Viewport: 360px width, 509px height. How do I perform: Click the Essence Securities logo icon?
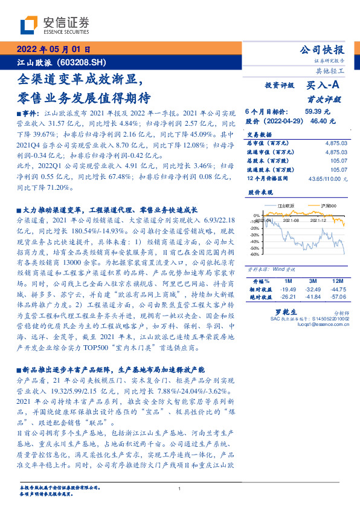click(30, 25)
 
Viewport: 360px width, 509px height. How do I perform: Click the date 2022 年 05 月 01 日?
click(53, 50)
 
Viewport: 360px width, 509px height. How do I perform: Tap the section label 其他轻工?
click(332, 71)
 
